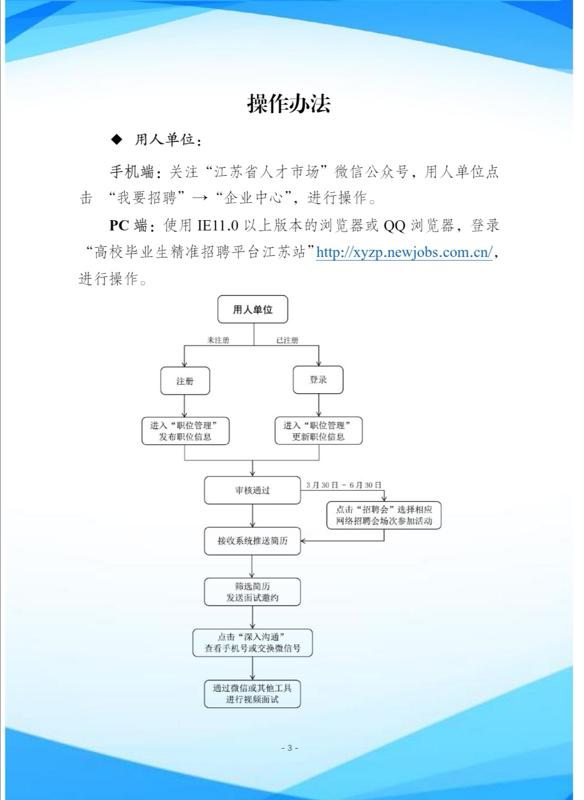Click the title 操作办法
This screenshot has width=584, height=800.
[289, 103]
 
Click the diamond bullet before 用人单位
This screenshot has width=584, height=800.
[117, 140]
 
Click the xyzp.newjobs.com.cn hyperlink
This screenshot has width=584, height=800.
[404, 252]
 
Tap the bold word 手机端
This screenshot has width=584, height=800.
[132, 172]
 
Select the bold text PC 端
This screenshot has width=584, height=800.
[128, 226]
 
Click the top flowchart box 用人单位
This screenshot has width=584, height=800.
[253, 309]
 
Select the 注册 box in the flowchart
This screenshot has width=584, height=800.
[185, 381]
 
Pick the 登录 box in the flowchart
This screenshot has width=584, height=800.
[318, 380]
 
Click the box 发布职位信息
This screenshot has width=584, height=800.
[185, 431]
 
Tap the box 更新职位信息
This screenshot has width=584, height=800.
[318, 431]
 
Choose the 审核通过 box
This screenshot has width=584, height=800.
[252, 490]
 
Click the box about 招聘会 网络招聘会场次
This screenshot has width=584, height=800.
[384, 515]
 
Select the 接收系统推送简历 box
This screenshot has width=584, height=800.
[252, 540]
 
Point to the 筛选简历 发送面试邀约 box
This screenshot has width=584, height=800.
[252, 592]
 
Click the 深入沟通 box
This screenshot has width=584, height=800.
[252, 643]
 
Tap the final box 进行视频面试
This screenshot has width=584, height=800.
[252, 694]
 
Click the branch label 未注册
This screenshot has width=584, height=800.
[218, 340]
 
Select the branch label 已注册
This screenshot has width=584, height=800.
[287, 340]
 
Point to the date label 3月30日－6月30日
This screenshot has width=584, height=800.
[343, 485]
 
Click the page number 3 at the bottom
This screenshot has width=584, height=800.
[290, 748]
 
